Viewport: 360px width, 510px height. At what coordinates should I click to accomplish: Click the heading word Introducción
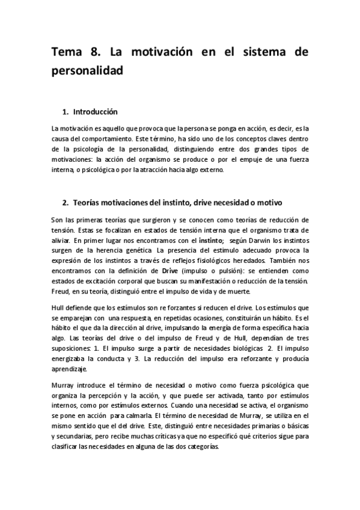[95, 112]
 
